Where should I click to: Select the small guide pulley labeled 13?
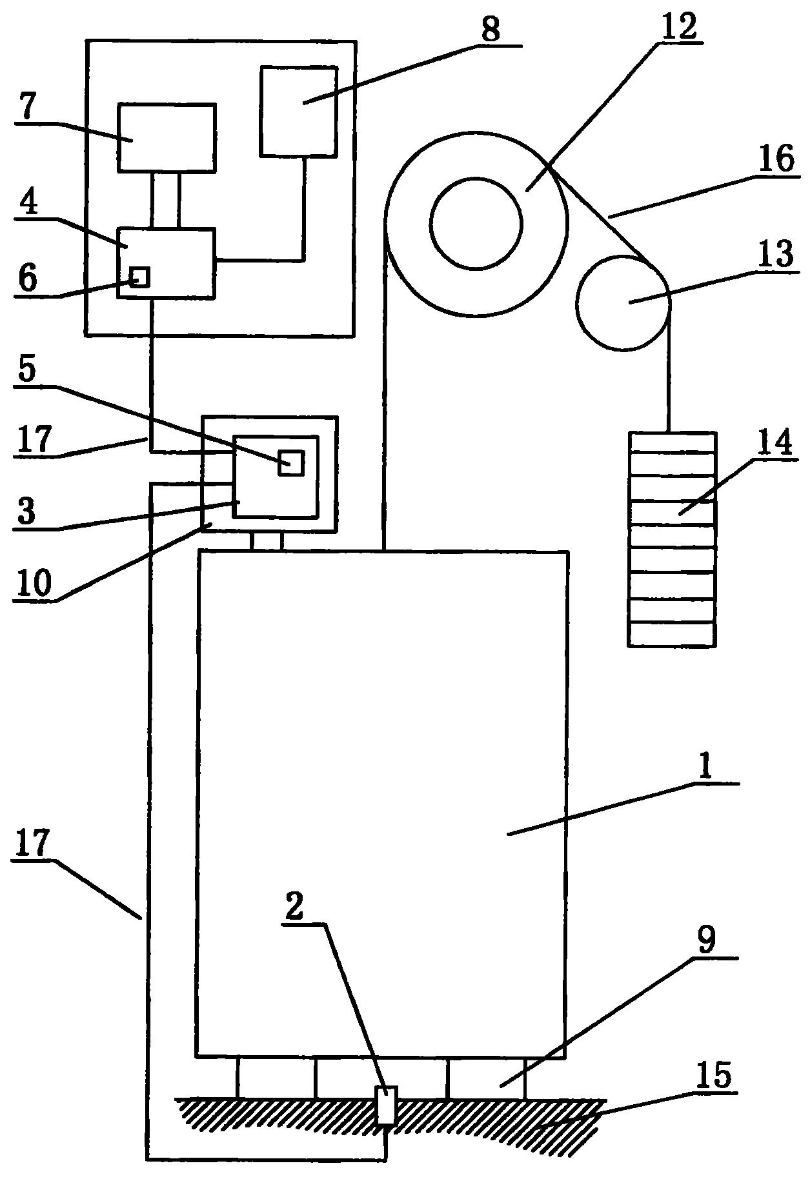click(x=624, y=303)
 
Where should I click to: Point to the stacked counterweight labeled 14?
click(x=672, y=539)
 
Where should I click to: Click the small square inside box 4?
click(x=140, y=277)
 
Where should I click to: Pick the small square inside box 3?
click(x=291, y=462)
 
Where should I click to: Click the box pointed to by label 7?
click(x=167, y=138)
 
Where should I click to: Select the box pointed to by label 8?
click(x=298, y=111)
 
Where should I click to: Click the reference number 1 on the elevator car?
click(x=706, y=767)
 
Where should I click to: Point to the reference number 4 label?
click(x=28, y=204)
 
